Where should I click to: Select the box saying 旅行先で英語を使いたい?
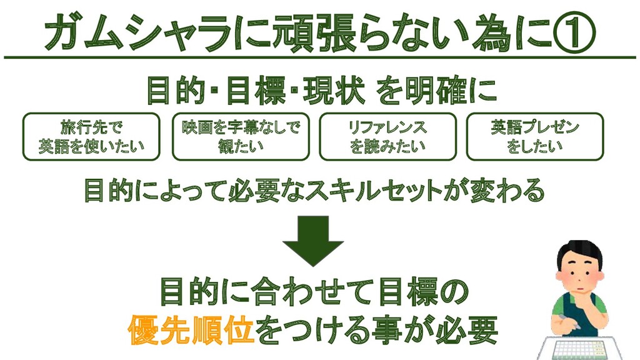(x=91, y=136)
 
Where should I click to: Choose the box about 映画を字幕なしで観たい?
(x=241, y=136)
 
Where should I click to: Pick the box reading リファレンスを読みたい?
(x=388, y=136)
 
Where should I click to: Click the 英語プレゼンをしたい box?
(x=535, y=136)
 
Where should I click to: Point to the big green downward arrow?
(x=312, y=241)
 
